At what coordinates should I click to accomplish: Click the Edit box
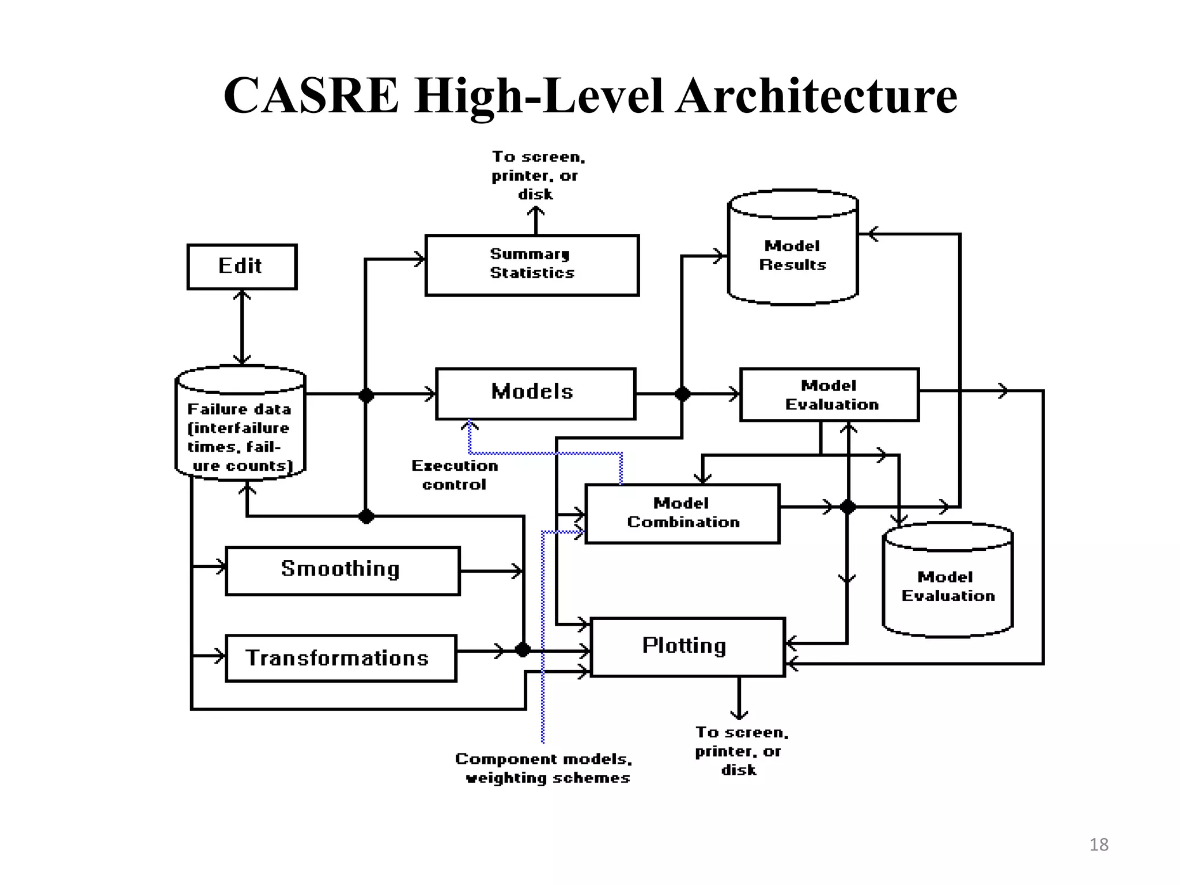242,266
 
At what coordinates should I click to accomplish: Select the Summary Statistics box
532,265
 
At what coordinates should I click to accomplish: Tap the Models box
535,394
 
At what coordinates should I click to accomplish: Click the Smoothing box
342,570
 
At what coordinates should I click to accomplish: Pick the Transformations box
341,658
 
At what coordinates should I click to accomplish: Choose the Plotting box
687,646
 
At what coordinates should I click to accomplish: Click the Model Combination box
682,513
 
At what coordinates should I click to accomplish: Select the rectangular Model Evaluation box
829,395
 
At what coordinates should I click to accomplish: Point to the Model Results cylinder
793,254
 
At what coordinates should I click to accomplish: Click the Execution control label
455,475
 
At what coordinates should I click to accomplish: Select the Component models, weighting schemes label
543,768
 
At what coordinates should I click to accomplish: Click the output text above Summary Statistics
537,175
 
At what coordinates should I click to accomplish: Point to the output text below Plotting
740,751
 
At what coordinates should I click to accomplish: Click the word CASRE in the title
311,96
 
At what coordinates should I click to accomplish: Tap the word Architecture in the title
817,96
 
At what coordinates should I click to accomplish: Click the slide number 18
1099,845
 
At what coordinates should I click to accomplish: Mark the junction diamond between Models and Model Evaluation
682,394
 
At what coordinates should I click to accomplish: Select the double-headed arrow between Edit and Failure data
242,327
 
